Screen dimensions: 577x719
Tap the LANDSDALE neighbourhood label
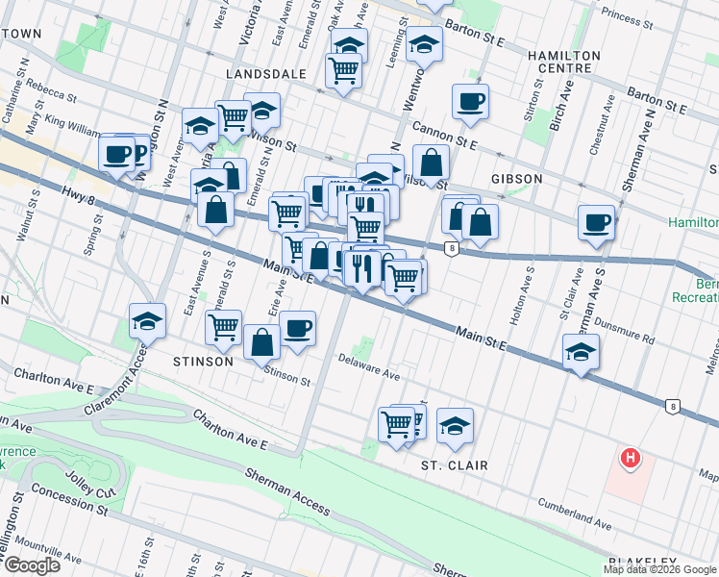click(x=266, y=73)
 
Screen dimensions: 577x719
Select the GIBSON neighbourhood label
click(x=517, y=179)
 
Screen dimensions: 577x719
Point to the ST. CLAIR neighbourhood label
click(x=455, y=465)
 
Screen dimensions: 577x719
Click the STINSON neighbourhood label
click(x=204, y=362)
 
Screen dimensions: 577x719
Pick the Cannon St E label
click(x=444, y=136)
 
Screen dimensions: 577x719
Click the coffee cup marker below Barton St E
click(x=470, y=102)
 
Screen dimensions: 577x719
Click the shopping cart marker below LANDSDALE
click(x=343, y=69)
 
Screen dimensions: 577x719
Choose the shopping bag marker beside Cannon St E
click(x=432, y=163)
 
